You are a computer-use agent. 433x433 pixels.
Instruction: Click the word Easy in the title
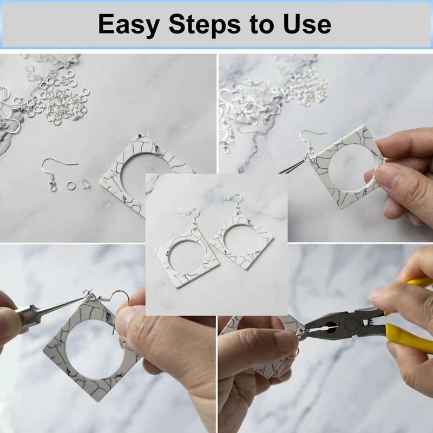tap(129, 25)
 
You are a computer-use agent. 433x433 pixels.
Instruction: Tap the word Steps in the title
tap(205, 24)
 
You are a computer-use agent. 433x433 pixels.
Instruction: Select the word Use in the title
tap(307, 24)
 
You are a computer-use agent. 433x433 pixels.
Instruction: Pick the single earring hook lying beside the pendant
tap(57, 173)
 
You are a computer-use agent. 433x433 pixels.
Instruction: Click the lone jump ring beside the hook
tap(70, 185)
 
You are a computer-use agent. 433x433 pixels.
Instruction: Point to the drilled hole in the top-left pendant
tap(141, 136)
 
